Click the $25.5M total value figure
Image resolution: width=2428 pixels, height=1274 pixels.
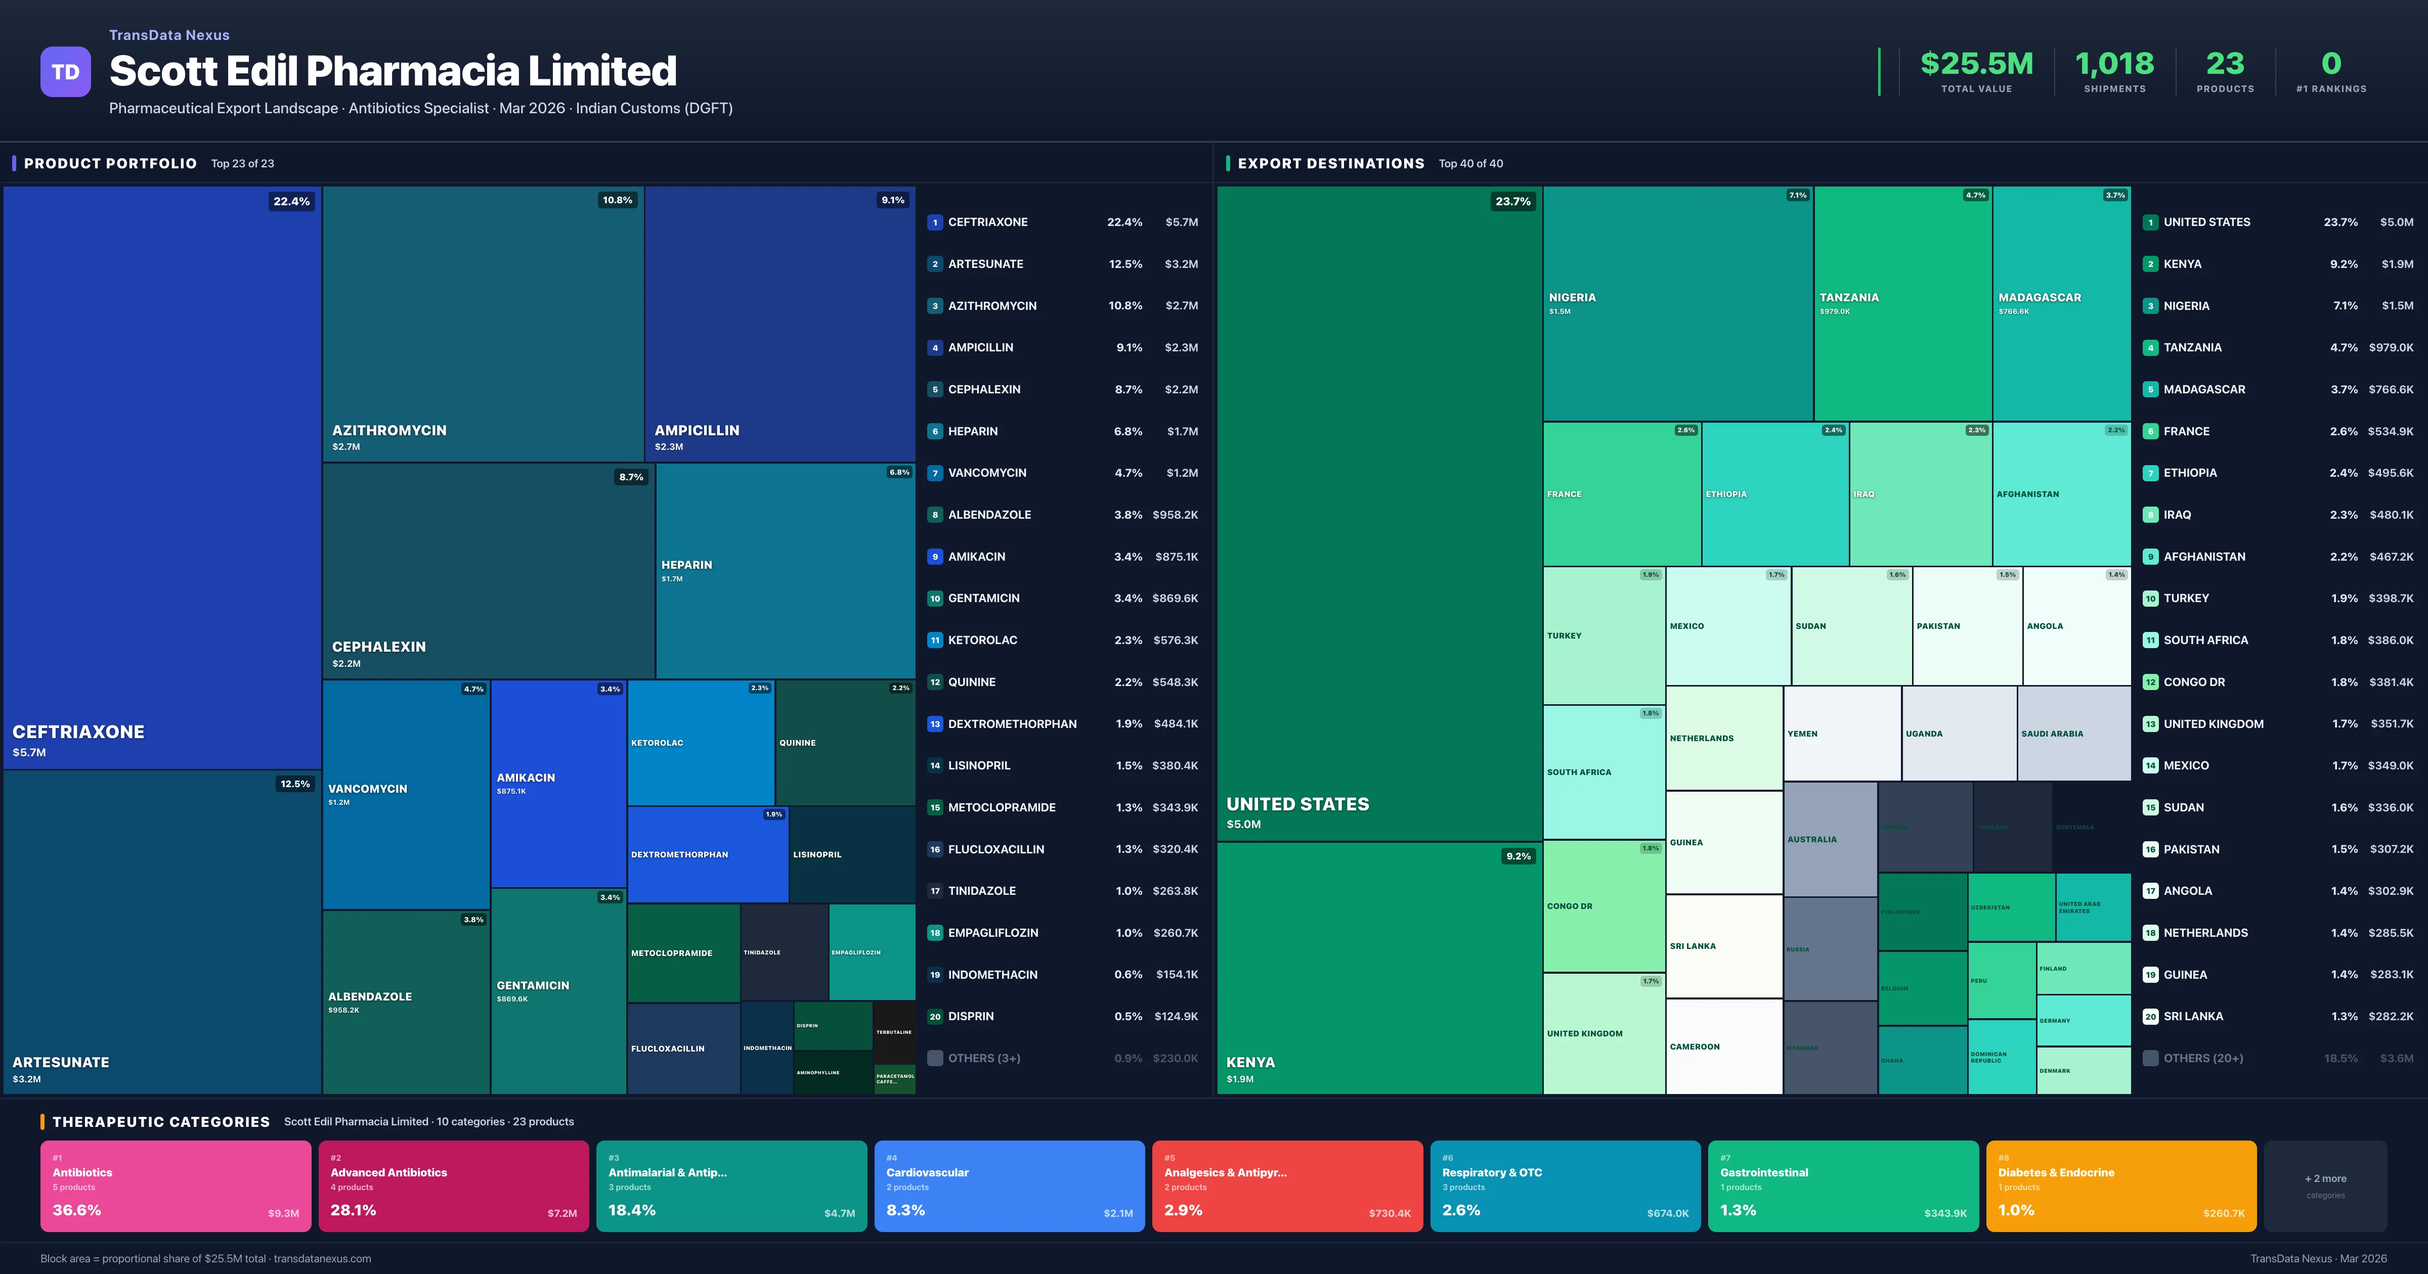[x=1976, y=64]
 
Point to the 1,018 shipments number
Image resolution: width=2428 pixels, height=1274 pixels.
[x=2114, y=64]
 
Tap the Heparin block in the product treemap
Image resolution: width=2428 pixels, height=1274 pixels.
[x=784, y=570]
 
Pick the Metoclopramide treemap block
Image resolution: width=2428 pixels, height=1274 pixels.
[x=683, y=952]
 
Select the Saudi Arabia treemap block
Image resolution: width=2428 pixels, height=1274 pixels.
[x=2073, y=733]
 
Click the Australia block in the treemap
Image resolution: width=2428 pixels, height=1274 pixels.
[x=1830, y=839]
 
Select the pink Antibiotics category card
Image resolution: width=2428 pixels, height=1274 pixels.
[x=176, y=1186]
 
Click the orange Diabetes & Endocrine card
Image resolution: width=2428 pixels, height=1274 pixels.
[x=2121, y=1186]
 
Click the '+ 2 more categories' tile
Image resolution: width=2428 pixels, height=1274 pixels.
[x=2325, y=1186]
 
